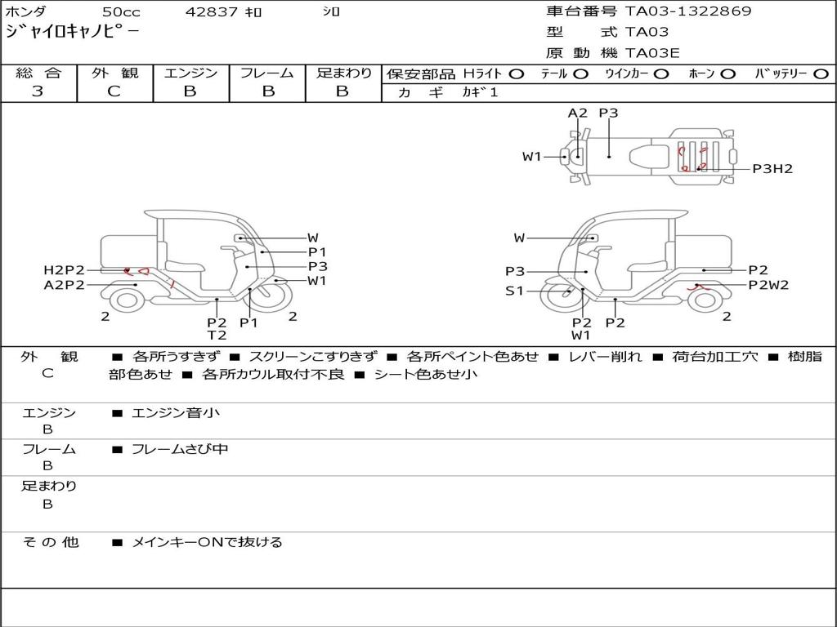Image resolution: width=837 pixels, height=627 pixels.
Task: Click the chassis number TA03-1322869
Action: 688,11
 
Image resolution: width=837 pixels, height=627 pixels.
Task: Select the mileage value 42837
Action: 212,11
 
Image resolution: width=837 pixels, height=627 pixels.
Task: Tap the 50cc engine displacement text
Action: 121,11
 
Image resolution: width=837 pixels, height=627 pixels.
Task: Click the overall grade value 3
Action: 38,91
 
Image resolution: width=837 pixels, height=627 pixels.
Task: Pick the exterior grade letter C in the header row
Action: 114,91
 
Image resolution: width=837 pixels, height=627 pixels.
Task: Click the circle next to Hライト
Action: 517,74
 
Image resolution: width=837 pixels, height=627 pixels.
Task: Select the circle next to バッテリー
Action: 821,74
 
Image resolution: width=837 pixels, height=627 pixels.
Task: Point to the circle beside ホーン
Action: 728,74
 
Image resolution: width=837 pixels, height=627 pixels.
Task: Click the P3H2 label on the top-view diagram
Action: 772,169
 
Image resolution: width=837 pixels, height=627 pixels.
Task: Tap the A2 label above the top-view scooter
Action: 577,113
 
